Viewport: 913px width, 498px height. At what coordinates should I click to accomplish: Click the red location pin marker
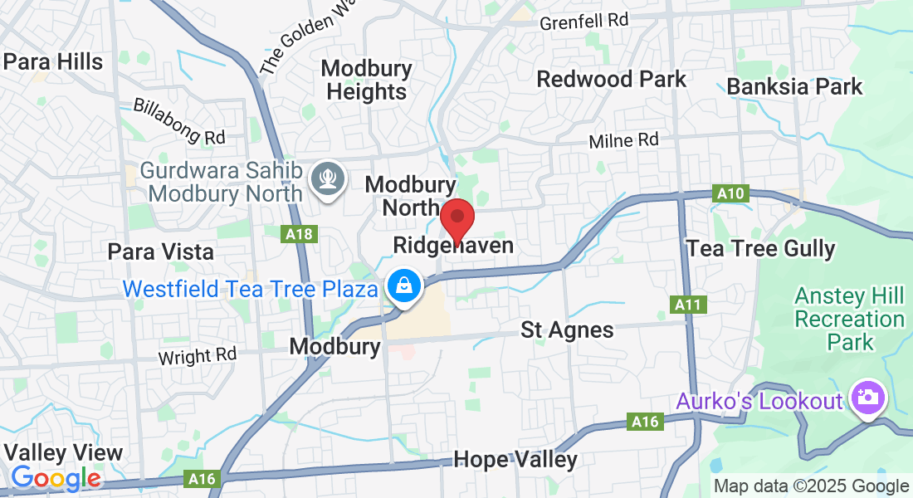456,219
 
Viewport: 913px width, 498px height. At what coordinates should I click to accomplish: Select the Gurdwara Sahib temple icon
327,178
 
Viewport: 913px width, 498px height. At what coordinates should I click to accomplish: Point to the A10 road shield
730,194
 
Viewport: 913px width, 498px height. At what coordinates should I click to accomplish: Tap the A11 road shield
688,305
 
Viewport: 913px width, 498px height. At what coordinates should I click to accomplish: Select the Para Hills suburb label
53,61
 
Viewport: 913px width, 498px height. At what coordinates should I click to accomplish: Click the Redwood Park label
612,80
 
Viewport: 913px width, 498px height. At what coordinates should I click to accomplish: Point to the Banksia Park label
794,86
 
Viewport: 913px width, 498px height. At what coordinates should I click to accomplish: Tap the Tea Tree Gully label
761,248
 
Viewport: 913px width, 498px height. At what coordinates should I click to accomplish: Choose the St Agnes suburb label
567,330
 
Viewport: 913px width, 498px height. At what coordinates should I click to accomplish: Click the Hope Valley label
515,460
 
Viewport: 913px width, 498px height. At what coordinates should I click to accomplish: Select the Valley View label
63,453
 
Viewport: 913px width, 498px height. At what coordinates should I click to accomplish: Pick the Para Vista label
161,251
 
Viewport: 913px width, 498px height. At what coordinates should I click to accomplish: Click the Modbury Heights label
367,80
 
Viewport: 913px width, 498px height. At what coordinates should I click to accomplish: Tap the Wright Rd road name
198,356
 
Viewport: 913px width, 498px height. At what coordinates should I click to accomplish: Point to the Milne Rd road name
623,141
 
